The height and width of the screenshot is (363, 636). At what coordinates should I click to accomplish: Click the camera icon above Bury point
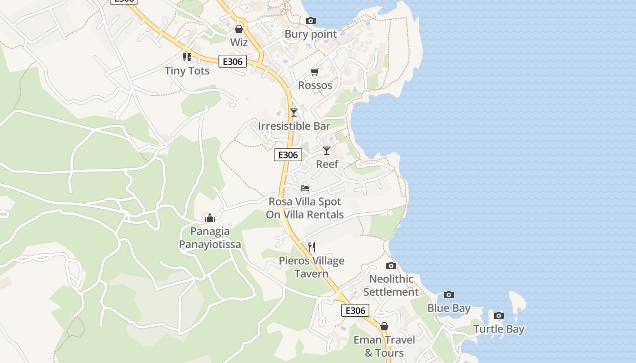point(311,20)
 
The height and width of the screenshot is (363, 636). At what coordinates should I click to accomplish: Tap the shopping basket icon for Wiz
point(239,29)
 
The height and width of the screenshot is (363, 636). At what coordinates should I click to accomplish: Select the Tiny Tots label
point(187,71)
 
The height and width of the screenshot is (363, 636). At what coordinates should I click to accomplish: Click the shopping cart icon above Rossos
point(314,72)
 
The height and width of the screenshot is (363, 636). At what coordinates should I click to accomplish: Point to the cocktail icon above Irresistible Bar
point(294,112)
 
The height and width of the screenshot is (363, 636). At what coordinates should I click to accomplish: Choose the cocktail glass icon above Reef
point(327,150)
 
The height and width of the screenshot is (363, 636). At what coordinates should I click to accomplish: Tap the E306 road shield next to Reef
point(288,155)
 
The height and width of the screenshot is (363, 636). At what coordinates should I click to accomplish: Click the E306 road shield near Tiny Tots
point(233,61)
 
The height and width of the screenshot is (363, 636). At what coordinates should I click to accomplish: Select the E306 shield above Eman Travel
point(355,310)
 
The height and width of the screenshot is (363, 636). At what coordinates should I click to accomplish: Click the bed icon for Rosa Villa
point(305,188)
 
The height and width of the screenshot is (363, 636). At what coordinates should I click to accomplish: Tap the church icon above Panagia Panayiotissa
point(209,218)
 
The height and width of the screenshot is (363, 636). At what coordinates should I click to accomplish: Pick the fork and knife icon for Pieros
point(311,247)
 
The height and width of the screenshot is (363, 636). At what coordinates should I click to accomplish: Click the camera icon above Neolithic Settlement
point(391,265)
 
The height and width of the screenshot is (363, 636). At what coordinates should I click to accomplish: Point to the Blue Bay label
point(449,308)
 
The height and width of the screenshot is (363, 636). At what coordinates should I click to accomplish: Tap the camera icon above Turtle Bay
point(499,315)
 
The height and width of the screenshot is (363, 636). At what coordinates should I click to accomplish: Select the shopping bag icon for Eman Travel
point(384,326)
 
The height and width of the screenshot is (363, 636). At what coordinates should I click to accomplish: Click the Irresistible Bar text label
point(294,126)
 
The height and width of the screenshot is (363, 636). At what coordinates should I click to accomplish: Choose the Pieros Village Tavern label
point(312,267)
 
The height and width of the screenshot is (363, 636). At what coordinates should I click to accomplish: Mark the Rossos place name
point(315,85)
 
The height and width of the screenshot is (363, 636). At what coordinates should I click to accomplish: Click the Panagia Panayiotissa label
point(210,238)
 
